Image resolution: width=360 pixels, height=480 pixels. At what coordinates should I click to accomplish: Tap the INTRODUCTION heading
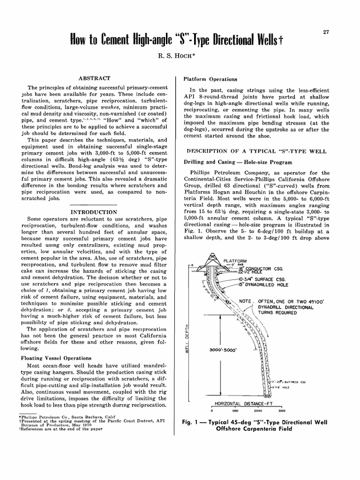coord(94,212)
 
